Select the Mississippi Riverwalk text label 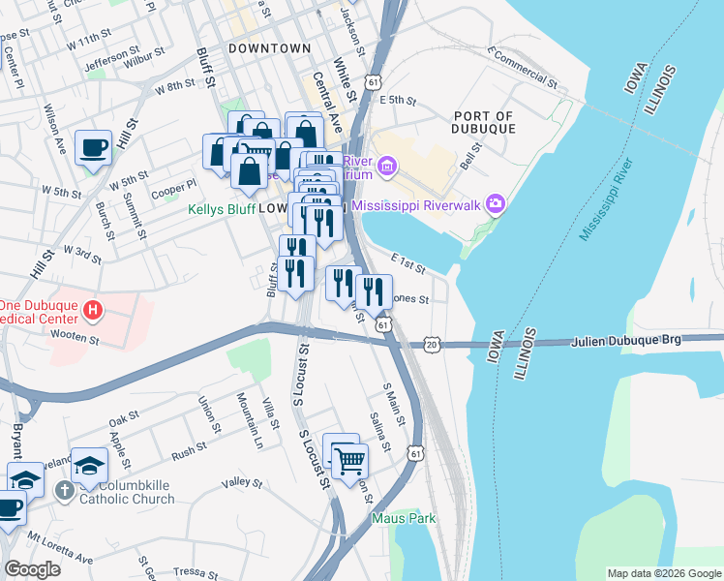417,205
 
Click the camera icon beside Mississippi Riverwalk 497,203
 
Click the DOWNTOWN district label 270,47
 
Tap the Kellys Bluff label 221,208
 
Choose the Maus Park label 404,518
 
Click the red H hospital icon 93,311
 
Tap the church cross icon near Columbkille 64,491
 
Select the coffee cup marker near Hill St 93,148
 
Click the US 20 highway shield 432,345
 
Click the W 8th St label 174,87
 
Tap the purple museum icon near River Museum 387,167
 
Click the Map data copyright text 664,573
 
